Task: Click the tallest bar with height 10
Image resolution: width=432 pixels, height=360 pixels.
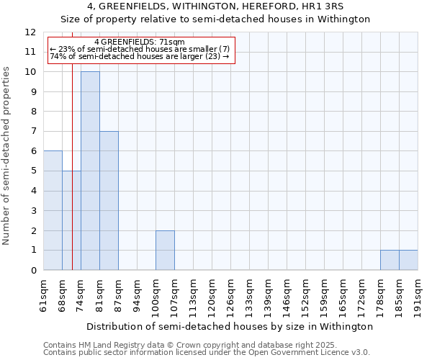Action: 90,171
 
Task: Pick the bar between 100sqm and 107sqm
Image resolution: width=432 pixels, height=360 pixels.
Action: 165,251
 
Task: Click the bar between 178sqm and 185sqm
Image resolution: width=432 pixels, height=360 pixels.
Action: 390,260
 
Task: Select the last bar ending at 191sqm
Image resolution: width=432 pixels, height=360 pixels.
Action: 408,260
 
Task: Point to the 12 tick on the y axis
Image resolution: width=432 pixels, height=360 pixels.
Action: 30,32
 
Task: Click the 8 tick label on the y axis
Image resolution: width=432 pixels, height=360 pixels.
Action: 32,112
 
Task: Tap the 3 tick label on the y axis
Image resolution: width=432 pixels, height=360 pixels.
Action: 32,211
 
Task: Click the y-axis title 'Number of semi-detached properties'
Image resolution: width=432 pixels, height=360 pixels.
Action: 7,156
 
